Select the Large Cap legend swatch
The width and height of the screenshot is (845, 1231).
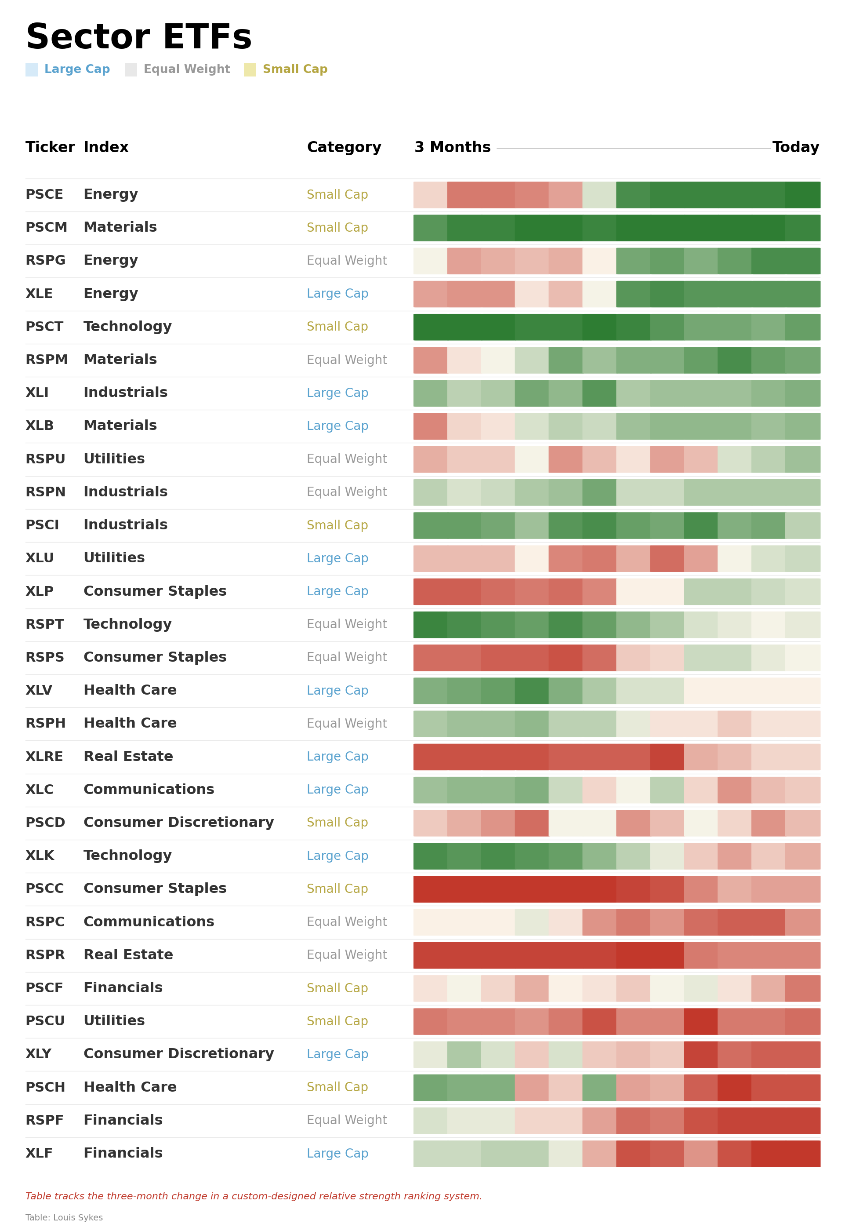click(32, 69)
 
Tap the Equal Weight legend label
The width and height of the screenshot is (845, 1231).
click(186, 69)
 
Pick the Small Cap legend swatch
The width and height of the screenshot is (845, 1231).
click(250, 69)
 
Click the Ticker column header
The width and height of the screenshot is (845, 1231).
click(50, 147)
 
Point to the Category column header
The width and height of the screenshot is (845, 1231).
click(344, 147)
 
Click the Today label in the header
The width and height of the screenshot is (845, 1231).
click(795, 147)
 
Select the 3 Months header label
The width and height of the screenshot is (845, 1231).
click(453, 147)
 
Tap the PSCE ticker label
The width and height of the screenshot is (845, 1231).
click(44, 194)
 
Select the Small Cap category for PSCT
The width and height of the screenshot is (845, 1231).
click(337, 327)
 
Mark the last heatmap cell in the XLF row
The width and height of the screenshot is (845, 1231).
click(803, 1154)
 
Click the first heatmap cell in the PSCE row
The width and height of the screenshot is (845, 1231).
click(431, 195)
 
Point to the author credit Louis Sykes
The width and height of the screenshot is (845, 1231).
click(64, 1218)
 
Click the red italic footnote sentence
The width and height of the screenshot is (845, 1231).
click(254, 1196)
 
